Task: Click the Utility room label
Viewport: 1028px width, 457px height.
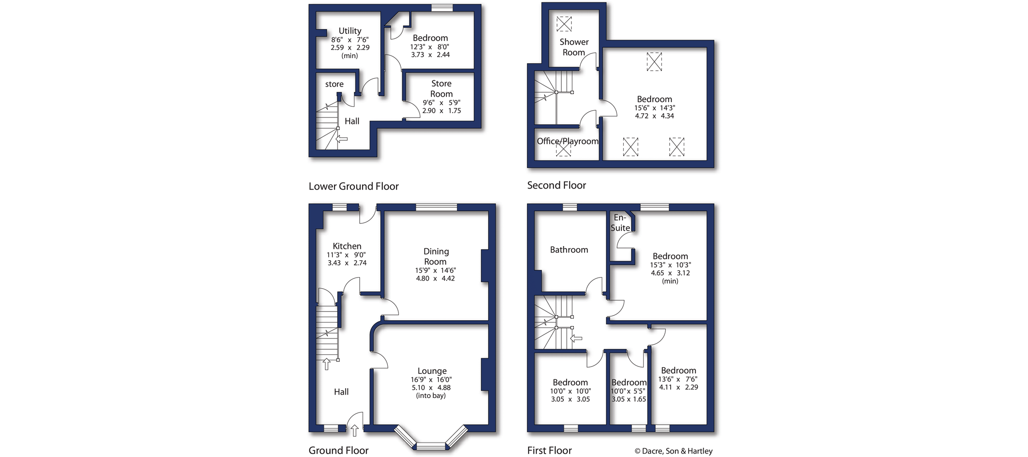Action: pyautogui.click(x=350, y=30)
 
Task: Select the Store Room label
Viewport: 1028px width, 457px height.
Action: pyautogui.click(x=441, y=88)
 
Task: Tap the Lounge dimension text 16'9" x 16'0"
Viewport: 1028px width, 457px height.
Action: pyautogui.click(x=431, y=380)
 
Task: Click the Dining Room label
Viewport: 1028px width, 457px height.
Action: pyautogui.click(x=436, y=256)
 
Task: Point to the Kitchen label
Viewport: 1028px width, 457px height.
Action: pyautogui.click(x=347, y=246)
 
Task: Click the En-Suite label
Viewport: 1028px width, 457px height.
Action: pyautogui.click(x=620, y=223)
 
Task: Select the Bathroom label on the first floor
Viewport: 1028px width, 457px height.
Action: pyautogui.click(x=569, y=250)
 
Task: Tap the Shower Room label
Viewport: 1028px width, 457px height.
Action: pyautogui.click(x=573, y=47)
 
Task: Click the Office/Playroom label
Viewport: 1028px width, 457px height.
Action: pyautogui.click(x=567, y=141)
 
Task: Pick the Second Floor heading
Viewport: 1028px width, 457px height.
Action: pyautogui.click(x=556, y=185)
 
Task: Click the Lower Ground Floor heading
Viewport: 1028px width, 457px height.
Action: pyautogui.click(x=353, y=186)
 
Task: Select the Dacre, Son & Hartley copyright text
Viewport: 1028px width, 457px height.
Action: pyautogui.click(x=673, y=451)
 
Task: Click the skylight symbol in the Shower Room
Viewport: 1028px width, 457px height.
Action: pyautogui.click(x=564, y=24)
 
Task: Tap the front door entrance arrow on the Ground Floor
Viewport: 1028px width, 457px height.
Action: pyautogui.click(x=354, y=430)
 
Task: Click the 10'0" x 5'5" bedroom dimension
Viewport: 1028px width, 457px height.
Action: pyautogui.click(x=628, y=391)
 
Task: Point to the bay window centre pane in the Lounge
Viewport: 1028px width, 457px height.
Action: pyautogui.click(x=430, y=445)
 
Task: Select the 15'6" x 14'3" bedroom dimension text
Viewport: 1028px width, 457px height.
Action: pyautogui.click(x=654, y=108)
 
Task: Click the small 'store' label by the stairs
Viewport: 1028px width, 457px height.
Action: pyautogui.click(x=334, y=84)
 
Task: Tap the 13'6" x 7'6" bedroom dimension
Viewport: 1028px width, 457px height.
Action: pyautogui.click(x=677, y=379)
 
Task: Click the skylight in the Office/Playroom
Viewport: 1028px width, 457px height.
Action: pyautogui.click(x=563, y=149)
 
